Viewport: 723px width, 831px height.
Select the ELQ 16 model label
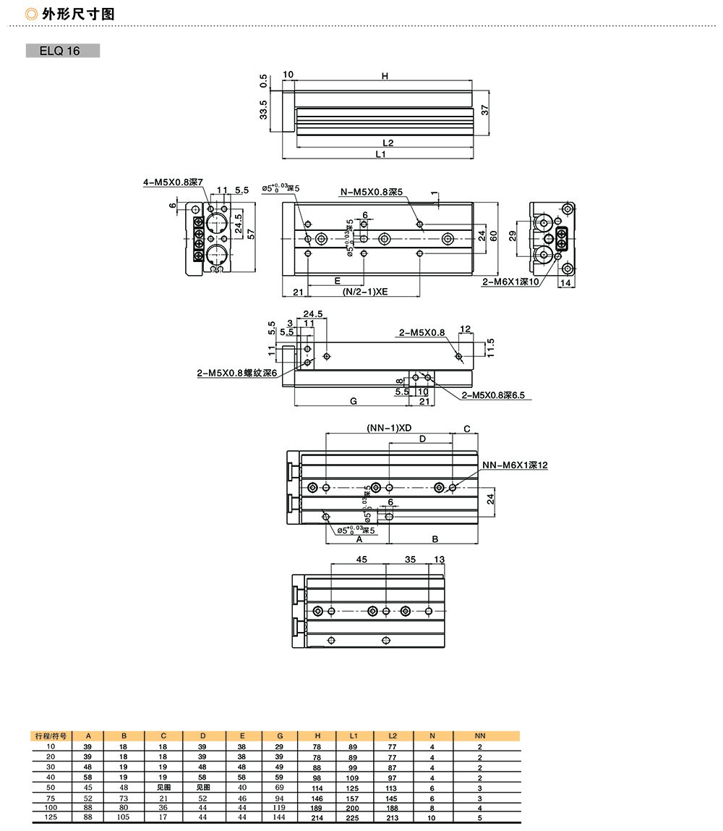[63, 51]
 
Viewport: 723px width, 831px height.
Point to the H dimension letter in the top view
[385, 76]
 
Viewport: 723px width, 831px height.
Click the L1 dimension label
[380, 153]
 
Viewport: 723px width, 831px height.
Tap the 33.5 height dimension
[263, 111]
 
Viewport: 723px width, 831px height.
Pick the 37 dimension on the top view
[486, 110]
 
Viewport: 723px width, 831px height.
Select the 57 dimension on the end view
[251, 234]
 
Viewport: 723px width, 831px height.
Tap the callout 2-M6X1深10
[510, 282]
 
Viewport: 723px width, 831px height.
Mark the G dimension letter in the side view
[353, 400]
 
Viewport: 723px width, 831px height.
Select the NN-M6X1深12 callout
[514, 465]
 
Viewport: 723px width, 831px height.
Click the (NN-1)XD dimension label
[389, 428]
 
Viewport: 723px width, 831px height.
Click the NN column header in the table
[479, 735]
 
